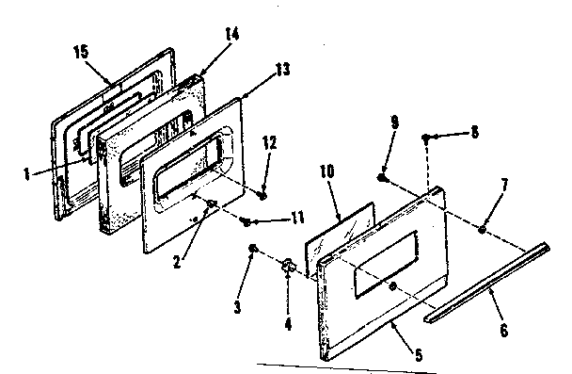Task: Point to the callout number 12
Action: (269, 143)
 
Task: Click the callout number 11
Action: (298, 218)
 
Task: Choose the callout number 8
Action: (473, 134)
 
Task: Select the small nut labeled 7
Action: (482, 229)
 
